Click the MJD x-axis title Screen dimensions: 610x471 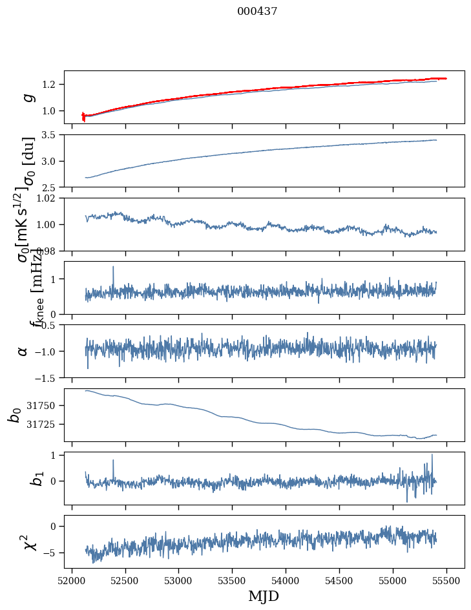coord(264,596)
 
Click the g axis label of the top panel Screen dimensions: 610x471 coord(27,97)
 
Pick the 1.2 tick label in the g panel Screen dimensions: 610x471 coord(51,85)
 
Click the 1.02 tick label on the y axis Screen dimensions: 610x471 coord(48,198)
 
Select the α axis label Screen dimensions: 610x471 coord(23,350)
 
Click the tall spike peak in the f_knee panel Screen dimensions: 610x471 coord(113,266)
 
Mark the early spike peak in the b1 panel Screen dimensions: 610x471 coord(113,460)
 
